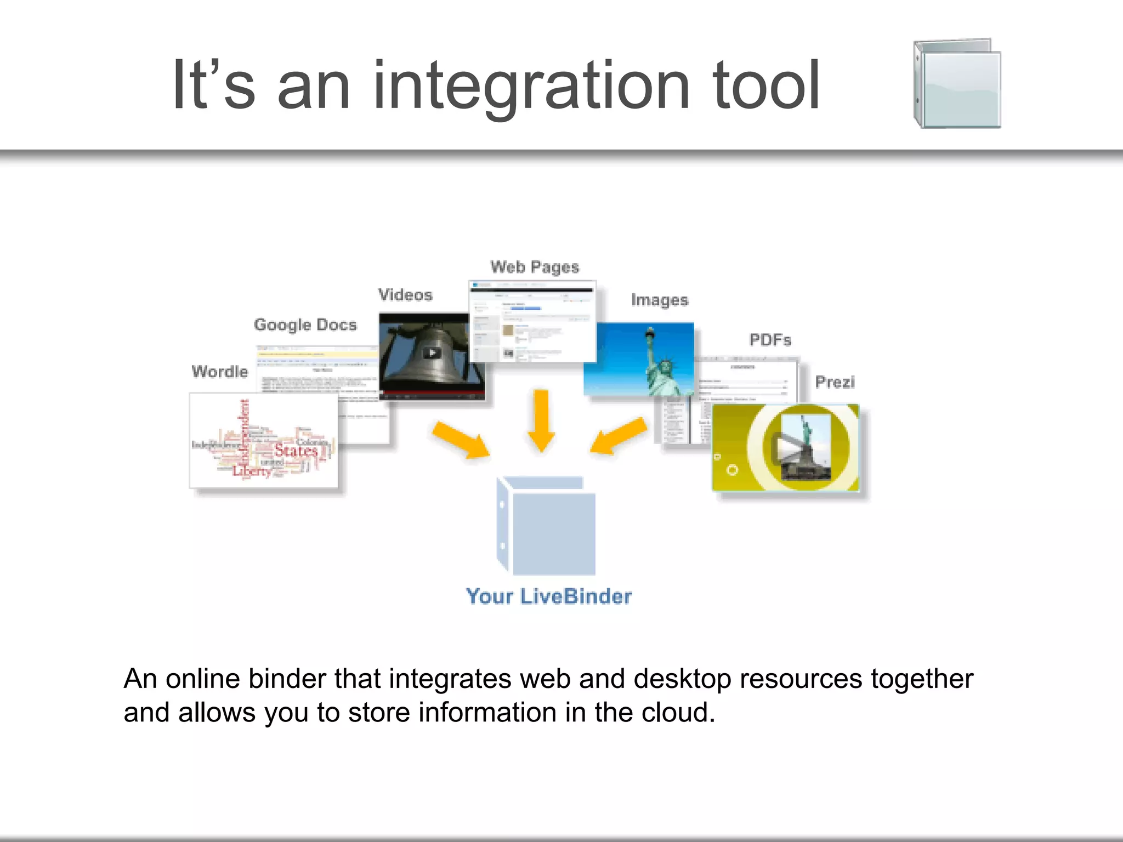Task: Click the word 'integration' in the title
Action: [x=531, y=87]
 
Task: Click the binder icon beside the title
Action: [x=957, y=84]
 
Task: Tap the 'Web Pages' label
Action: [x=535, y=267]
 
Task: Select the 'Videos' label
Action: [x=405, y=295]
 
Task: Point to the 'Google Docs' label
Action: [x=305, y=325]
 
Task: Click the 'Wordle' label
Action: [x=220, y=372]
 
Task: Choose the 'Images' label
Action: [x=660, y=300]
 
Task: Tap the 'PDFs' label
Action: [x=770, y=340]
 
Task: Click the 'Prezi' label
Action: [x=835, y=382]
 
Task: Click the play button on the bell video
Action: [x=432, y=353]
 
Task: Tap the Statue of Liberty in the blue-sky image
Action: [x=660, y=365]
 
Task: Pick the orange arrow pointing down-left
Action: [x=619, y=436]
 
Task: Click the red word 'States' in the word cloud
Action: [x=296, y=451]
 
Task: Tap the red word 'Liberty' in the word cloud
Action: [x=252, y=471]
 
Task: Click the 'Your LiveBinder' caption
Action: [x=548, y=596]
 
